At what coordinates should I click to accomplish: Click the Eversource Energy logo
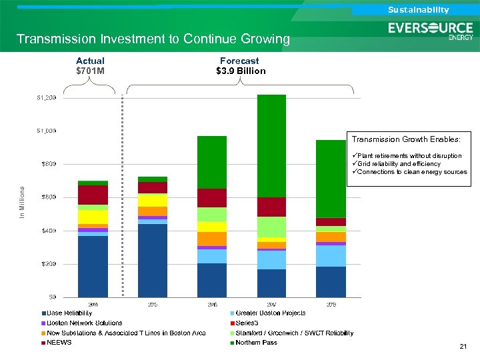tap(430, 31)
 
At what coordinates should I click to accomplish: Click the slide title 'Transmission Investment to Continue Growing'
tap(153, 39)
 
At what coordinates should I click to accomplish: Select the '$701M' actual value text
tap(90, 71)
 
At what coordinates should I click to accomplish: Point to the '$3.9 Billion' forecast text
tap(241, 71)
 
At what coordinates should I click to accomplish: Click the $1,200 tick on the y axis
tap(46, 97)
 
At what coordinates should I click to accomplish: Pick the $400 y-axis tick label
tap(48, 231)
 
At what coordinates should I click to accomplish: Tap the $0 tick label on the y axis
tap(51, 297)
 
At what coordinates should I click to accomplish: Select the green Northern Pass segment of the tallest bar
tap(271, 145)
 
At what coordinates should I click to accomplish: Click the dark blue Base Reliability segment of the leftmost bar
tap(93, 266)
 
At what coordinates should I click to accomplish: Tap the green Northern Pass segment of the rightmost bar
tap(331, 179)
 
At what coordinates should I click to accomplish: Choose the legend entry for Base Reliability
tap(69, 313)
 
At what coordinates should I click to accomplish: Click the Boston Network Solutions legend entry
tap(84, 323)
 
